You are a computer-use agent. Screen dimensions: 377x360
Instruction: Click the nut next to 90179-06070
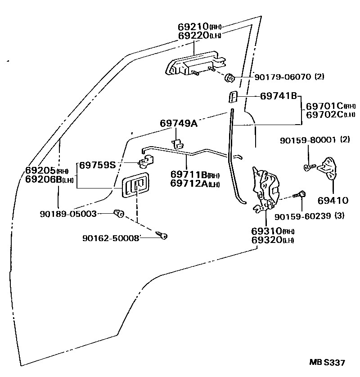point(230,78)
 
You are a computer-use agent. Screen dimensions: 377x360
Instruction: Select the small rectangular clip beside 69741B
point(233,97)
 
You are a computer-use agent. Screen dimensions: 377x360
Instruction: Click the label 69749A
point(179,123)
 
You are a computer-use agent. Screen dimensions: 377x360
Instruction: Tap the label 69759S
point(98,165)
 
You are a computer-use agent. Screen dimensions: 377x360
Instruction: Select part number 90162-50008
point(111,238)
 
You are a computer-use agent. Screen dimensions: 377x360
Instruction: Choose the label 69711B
point(189,174)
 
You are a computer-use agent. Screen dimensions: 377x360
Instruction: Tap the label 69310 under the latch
point(266,232)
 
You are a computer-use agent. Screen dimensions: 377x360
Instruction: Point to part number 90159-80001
point(307,140)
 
